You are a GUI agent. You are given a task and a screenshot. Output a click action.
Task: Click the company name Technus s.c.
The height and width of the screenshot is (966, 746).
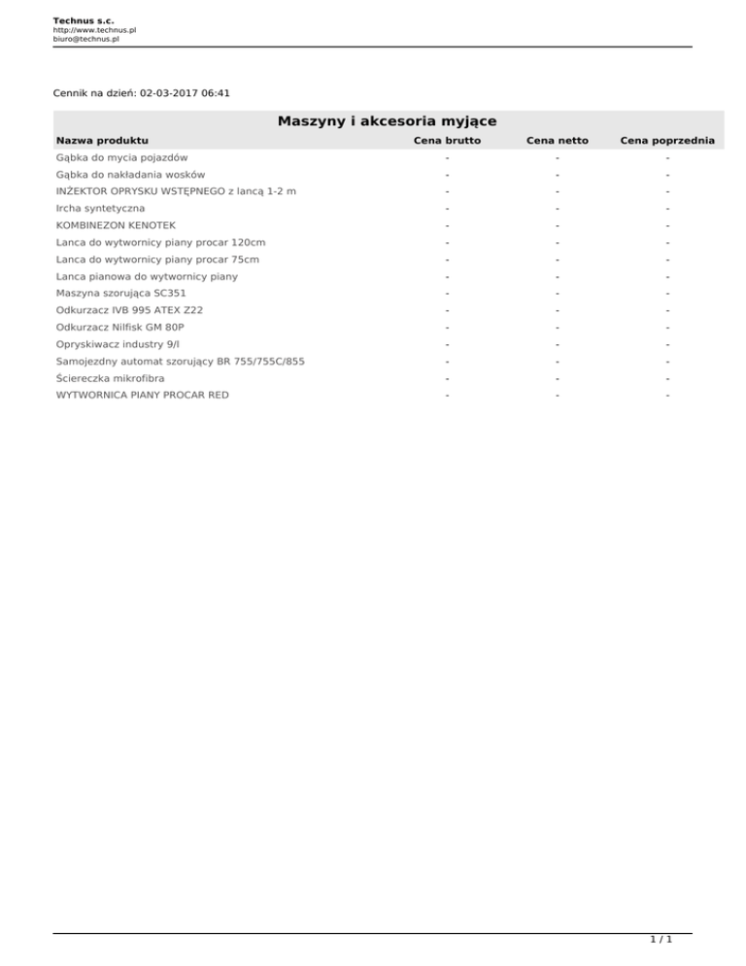point(84,19)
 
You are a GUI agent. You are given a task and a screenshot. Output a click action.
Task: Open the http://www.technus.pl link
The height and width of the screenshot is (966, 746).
point(94,30)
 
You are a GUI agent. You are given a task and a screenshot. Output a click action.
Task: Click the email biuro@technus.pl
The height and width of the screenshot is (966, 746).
point(85,40)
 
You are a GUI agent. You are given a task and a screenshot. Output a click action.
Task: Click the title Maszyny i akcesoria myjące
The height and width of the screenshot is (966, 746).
point(387,121)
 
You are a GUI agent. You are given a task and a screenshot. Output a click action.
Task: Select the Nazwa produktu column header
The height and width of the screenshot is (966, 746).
point(102,141)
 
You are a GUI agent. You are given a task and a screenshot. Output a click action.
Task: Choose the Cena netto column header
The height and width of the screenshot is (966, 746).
point(557,141)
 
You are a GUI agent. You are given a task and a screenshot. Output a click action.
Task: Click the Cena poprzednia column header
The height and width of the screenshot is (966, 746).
point(667,141)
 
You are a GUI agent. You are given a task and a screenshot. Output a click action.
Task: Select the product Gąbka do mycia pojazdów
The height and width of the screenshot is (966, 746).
point(121,157)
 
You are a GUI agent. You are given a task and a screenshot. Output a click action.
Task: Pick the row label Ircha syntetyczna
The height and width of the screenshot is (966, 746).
point(100,208)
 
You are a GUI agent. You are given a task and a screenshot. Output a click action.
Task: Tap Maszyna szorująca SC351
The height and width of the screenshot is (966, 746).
point(121,293)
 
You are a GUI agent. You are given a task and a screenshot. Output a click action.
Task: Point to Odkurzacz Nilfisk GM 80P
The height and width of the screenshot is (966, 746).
point(119,328)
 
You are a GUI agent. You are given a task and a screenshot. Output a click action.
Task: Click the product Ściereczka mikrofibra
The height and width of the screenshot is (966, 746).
point(111,378)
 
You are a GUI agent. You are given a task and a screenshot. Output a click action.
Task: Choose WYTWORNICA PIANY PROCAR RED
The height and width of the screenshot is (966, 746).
point(143,396)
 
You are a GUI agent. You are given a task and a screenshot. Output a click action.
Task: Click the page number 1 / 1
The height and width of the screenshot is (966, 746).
point(661,940)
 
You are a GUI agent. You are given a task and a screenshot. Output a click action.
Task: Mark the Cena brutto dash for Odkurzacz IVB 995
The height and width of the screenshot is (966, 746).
point(448,310)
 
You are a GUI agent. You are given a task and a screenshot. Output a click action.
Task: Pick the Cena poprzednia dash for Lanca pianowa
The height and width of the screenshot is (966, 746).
point(668,277)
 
